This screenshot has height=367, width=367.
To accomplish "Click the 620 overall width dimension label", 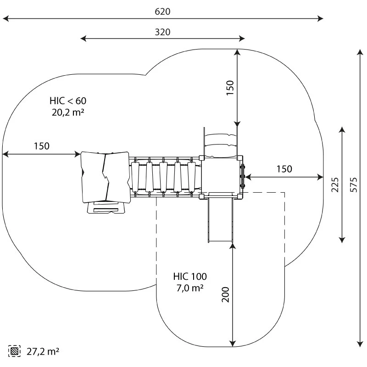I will coord(162,11).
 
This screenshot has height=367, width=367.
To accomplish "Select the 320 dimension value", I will coord(162,32).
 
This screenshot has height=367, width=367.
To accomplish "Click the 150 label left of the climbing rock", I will coord(41,146).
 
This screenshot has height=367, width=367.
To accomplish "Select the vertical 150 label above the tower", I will coord(230,87).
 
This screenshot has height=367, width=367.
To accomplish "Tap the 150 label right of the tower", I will coord(284,169).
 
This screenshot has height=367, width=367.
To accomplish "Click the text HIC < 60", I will coord(68,100).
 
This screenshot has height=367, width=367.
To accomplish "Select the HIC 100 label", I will coord(190,277).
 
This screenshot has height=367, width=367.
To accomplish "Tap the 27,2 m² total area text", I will coord(43,352).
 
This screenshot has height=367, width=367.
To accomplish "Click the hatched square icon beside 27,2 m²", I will coord(15,352).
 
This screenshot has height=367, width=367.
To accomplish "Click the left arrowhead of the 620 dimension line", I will coord(5,19).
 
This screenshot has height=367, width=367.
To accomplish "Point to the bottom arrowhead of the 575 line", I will coord(359,344).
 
